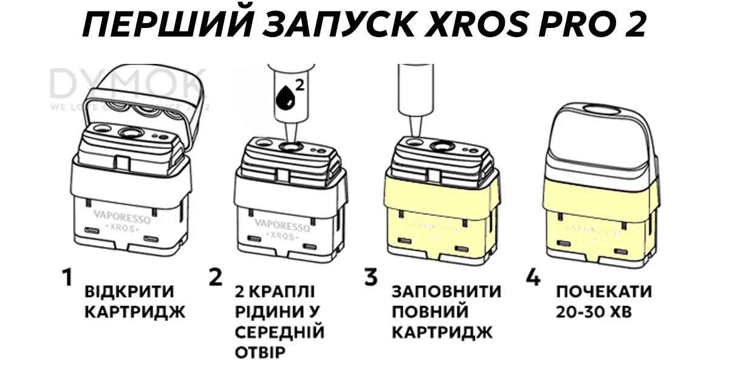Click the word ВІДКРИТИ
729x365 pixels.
tap(129, 292)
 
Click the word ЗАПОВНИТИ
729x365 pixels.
tap(447, 292)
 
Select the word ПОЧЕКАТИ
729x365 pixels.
tap(604, 292)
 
